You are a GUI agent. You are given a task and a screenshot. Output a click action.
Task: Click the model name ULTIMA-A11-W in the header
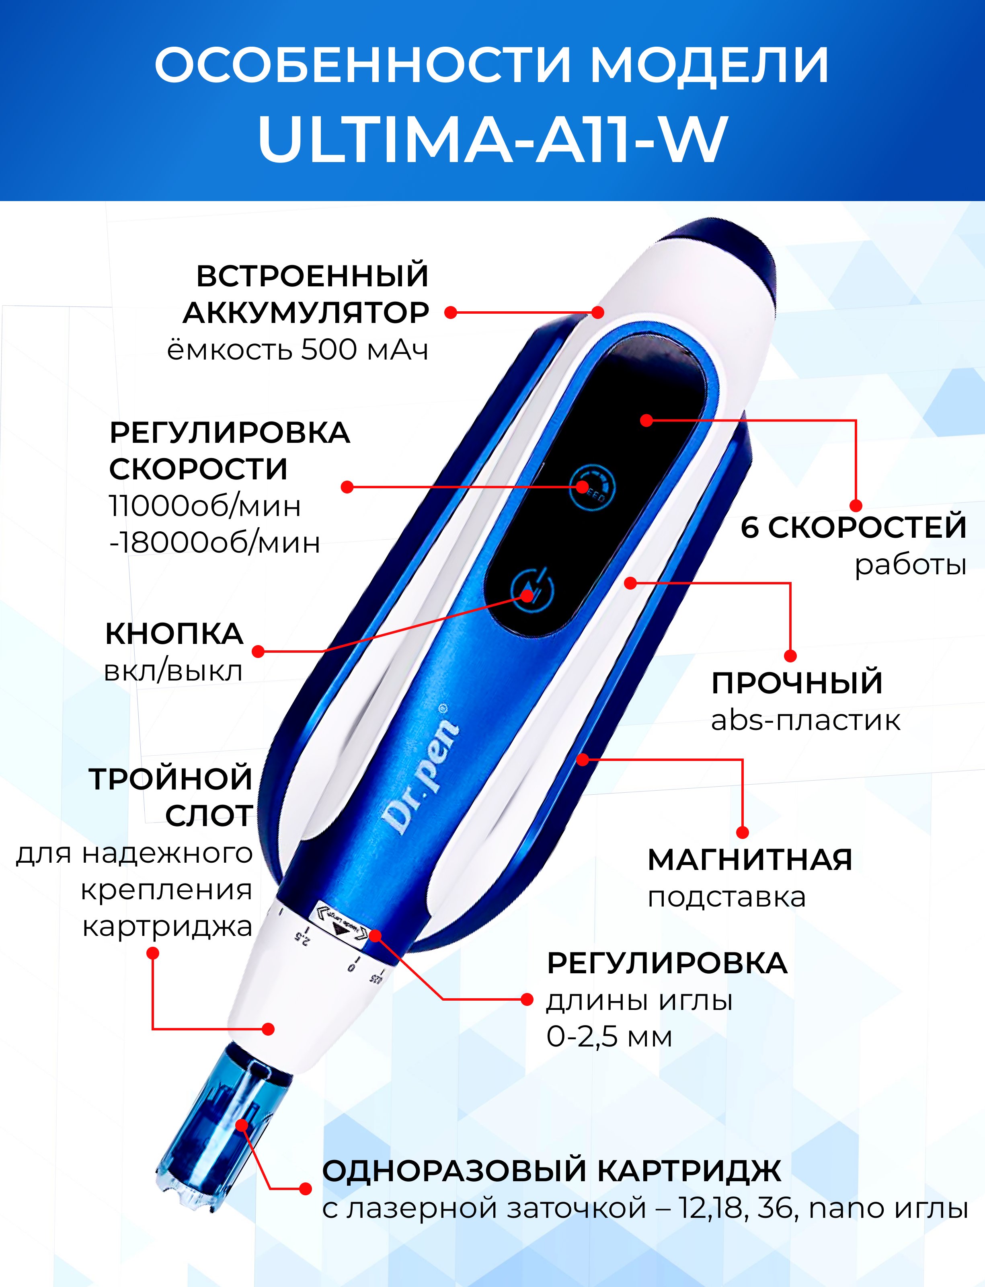click(x=492, y=139)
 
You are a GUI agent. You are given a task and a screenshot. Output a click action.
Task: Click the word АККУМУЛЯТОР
click(x=306, y=312)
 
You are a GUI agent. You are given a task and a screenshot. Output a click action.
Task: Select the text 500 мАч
click(x=364, y=350)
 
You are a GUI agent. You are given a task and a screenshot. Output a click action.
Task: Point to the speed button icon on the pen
click(x=593, y=487)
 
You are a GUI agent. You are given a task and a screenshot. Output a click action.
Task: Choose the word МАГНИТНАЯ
click(x=750, y=860)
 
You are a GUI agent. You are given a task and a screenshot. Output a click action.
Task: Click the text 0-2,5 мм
click(x=609, y=1037)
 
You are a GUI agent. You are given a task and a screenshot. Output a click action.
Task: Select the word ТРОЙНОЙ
click(x=170, y=779)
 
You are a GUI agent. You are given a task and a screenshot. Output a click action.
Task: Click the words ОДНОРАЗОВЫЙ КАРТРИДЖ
click(x=551, y=1170)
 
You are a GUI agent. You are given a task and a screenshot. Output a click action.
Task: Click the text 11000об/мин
click(x=205, y=506)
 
